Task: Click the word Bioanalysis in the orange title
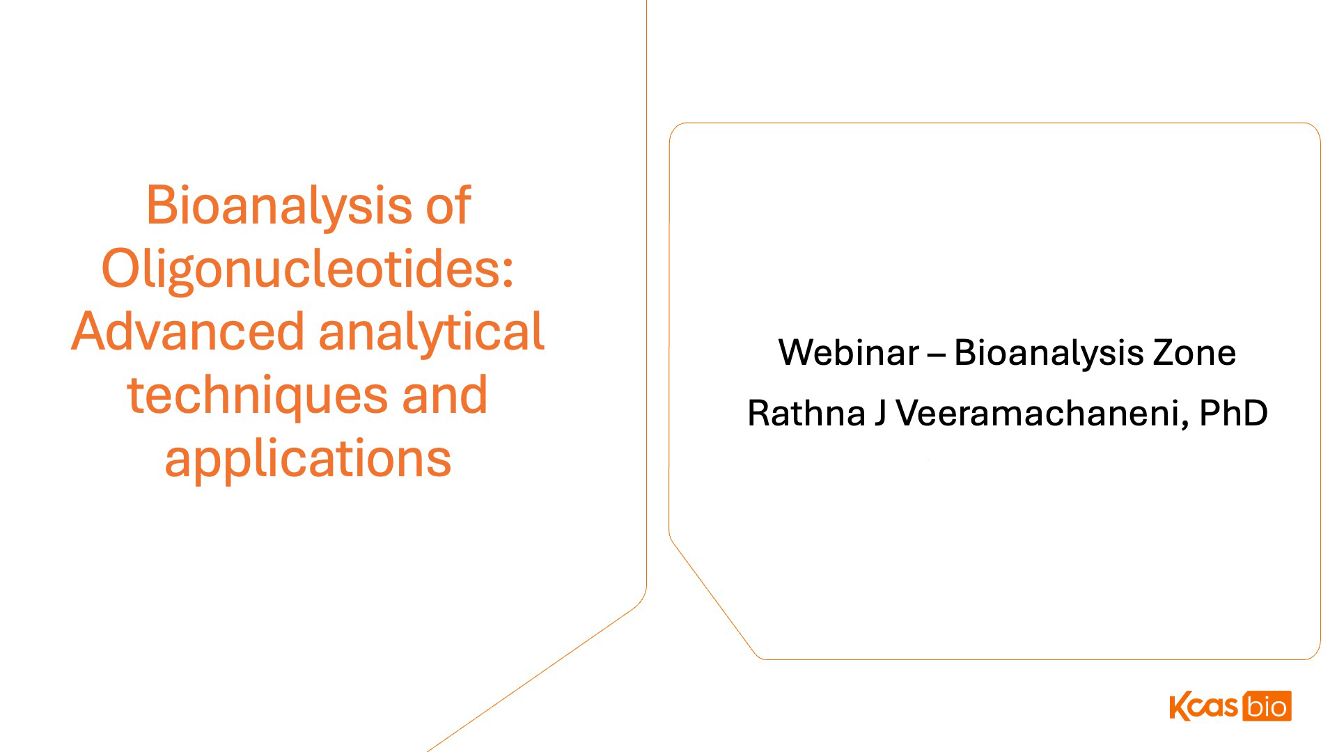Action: [279, 206]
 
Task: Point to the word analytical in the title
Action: [431, 333]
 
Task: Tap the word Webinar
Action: [849, 352]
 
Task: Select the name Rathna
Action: [806, 413]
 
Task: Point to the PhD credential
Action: [1234, 413]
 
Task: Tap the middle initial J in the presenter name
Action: [880, 413]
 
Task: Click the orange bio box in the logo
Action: [1267, 706]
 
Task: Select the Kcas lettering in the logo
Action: [1204, 706]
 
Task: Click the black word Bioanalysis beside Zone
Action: [1049, 353]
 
